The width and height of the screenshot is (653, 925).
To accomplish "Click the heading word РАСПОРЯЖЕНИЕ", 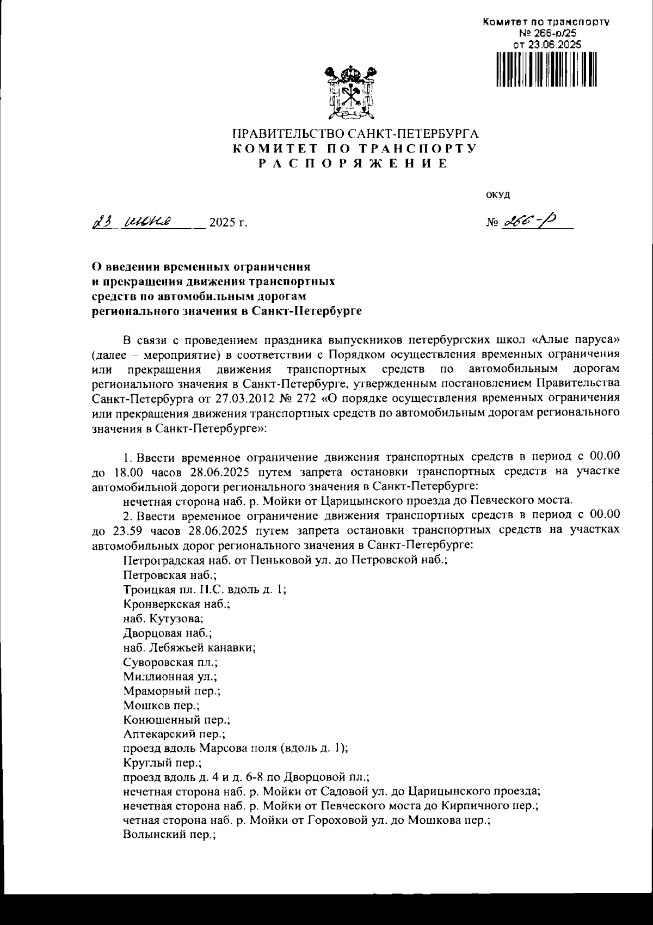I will pyautogui.click(x=353, y=164).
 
